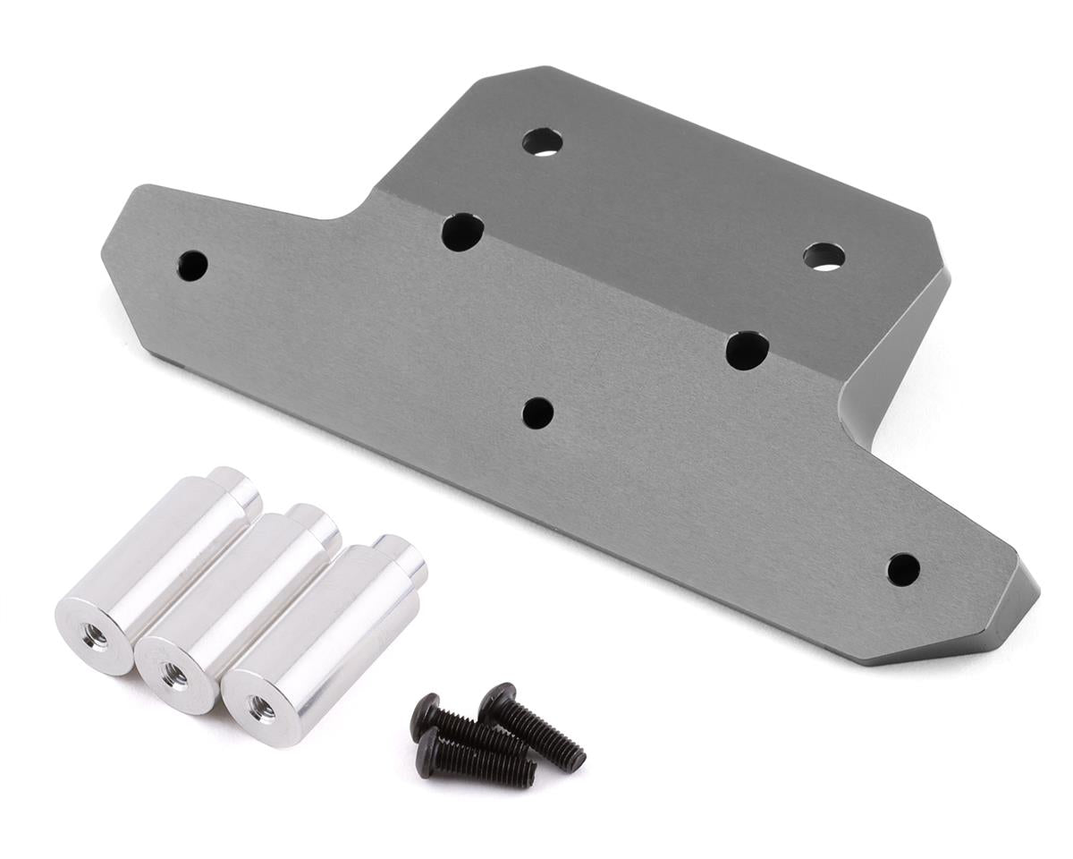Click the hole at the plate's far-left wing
[x=192, y=264]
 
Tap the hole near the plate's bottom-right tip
[x=903, y=569]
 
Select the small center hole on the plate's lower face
[x=537, y=412]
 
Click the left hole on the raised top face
[x=543, y=142]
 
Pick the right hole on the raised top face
[x=824, y=257]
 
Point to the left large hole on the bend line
[x=462, y=232]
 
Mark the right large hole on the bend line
[x=748, y=350]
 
